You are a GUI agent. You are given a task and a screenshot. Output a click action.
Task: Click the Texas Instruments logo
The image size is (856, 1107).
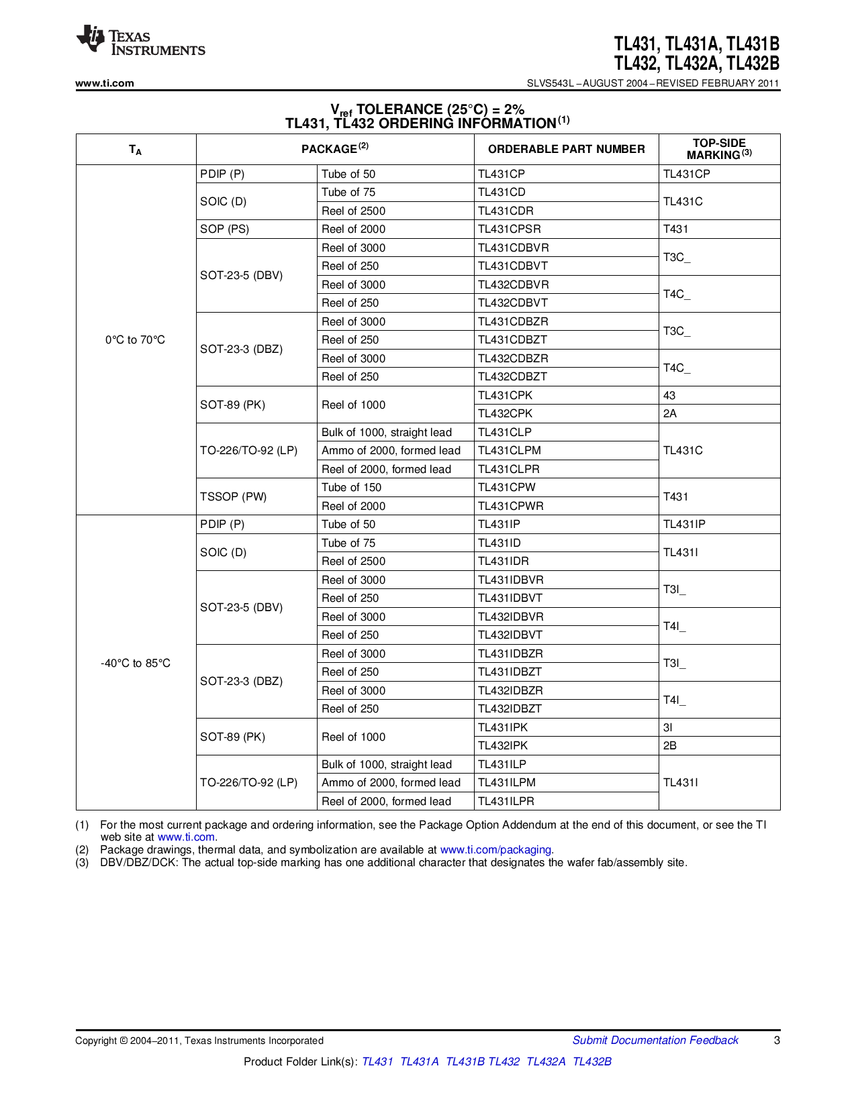(140, 42)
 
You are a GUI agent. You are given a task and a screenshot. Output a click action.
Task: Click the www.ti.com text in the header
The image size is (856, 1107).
(105, 83)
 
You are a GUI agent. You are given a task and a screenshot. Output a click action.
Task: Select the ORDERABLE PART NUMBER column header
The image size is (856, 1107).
(566, 149)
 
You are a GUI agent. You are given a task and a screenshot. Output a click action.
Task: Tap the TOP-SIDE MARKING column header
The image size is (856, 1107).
(719, 149)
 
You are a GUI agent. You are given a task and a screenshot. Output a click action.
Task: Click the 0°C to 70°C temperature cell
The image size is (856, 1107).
(135, 339)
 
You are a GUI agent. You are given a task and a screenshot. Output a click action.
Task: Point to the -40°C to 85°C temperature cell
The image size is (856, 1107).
(135, 663)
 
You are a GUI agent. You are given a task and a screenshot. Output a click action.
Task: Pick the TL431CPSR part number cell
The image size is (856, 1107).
(509, 229)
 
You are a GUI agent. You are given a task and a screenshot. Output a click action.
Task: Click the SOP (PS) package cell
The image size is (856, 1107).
(225, 229)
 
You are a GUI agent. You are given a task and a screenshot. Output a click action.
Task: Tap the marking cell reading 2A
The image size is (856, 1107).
(670, 413)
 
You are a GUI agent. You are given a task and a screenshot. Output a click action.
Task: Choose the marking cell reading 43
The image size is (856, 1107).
(669, 395)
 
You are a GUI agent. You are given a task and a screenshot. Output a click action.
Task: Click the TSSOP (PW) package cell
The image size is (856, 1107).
(234, 496)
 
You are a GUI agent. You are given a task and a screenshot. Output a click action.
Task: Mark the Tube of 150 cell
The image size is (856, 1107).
(351, 487)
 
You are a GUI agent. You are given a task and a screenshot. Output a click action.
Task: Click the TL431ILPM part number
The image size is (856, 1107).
(507, 782)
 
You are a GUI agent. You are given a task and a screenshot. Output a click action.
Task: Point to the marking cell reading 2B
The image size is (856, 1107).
(670, 745)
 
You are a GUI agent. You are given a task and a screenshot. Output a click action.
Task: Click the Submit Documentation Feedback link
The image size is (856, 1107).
(655, 1040)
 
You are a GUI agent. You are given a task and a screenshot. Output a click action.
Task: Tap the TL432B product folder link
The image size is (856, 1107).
(591, 1061)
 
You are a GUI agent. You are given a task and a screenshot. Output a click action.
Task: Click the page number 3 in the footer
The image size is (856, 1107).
(777, 1040)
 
